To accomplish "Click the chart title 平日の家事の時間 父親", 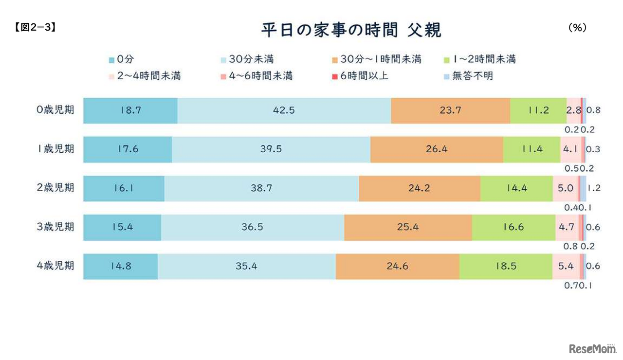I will coord(351,30).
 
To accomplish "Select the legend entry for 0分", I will coord(121,59).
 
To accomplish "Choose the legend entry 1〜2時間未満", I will coord(481,59).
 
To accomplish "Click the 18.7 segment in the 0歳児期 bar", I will coord(130,110).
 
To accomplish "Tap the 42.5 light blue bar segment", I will coord(284,110).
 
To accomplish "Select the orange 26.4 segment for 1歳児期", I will coord(436,149).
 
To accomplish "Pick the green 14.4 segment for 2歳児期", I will coord(516,188).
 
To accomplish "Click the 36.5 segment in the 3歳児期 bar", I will coord(252,227).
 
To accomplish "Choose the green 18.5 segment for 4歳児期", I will coord(506,266).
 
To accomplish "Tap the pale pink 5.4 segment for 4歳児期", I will coord(566,266).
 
